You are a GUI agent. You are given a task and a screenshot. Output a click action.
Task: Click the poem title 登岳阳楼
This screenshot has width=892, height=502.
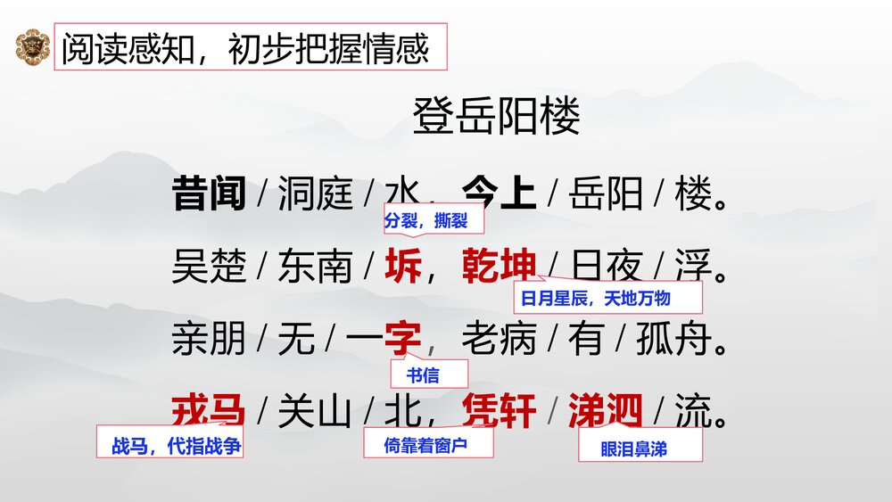(x=496, y=117)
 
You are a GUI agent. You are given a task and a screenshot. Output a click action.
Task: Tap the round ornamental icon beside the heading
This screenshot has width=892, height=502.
(x=33, y=47)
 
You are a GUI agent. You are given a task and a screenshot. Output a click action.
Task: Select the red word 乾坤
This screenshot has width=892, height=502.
(x=499, y=267)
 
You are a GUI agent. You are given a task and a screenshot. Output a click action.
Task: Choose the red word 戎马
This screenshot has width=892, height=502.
(x=209, y=411)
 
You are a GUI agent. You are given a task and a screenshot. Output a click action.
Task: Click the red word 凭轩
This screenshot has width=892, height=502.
(x=499, y=411)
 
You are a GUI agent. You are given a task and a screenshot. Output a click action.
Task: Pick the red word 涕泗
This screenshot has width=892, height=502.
(x=606, y=411)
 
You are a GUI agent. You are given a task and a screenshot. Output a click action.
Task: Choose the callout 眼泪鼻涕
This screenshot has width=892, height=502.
(x=639, y=448)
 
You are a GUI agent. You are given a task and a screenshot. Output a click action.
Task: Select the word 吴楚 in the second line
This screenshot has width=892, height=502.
(x=209, y=267)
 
